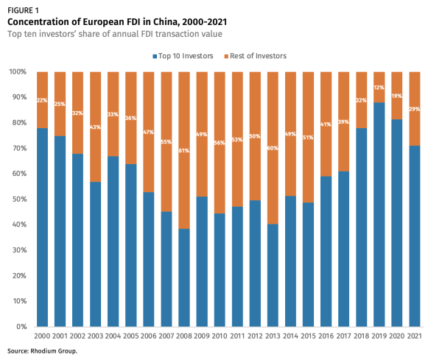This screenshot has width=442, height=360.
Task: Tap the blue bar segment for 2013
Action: pos(273,275)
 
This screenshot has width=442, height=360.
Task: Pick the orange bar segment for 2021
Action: pos(415,108)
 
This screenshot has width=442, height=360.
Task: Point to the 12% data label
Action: pos(379,87)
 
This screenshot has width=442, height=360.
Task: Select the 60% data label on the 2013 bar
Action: pos(273,148)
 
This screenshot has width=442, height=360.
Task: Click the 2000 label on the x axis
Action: pos(43,336)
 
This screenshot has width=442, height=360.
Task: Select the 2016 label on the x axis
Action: pos(326,336)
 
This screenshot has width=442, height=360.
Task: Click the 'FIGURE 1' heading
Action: pos(24,10)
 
